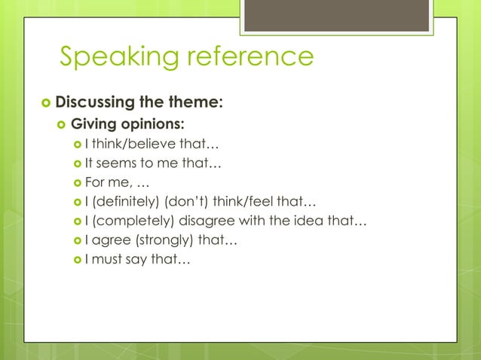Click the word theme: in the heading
[x=196, y=101]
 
